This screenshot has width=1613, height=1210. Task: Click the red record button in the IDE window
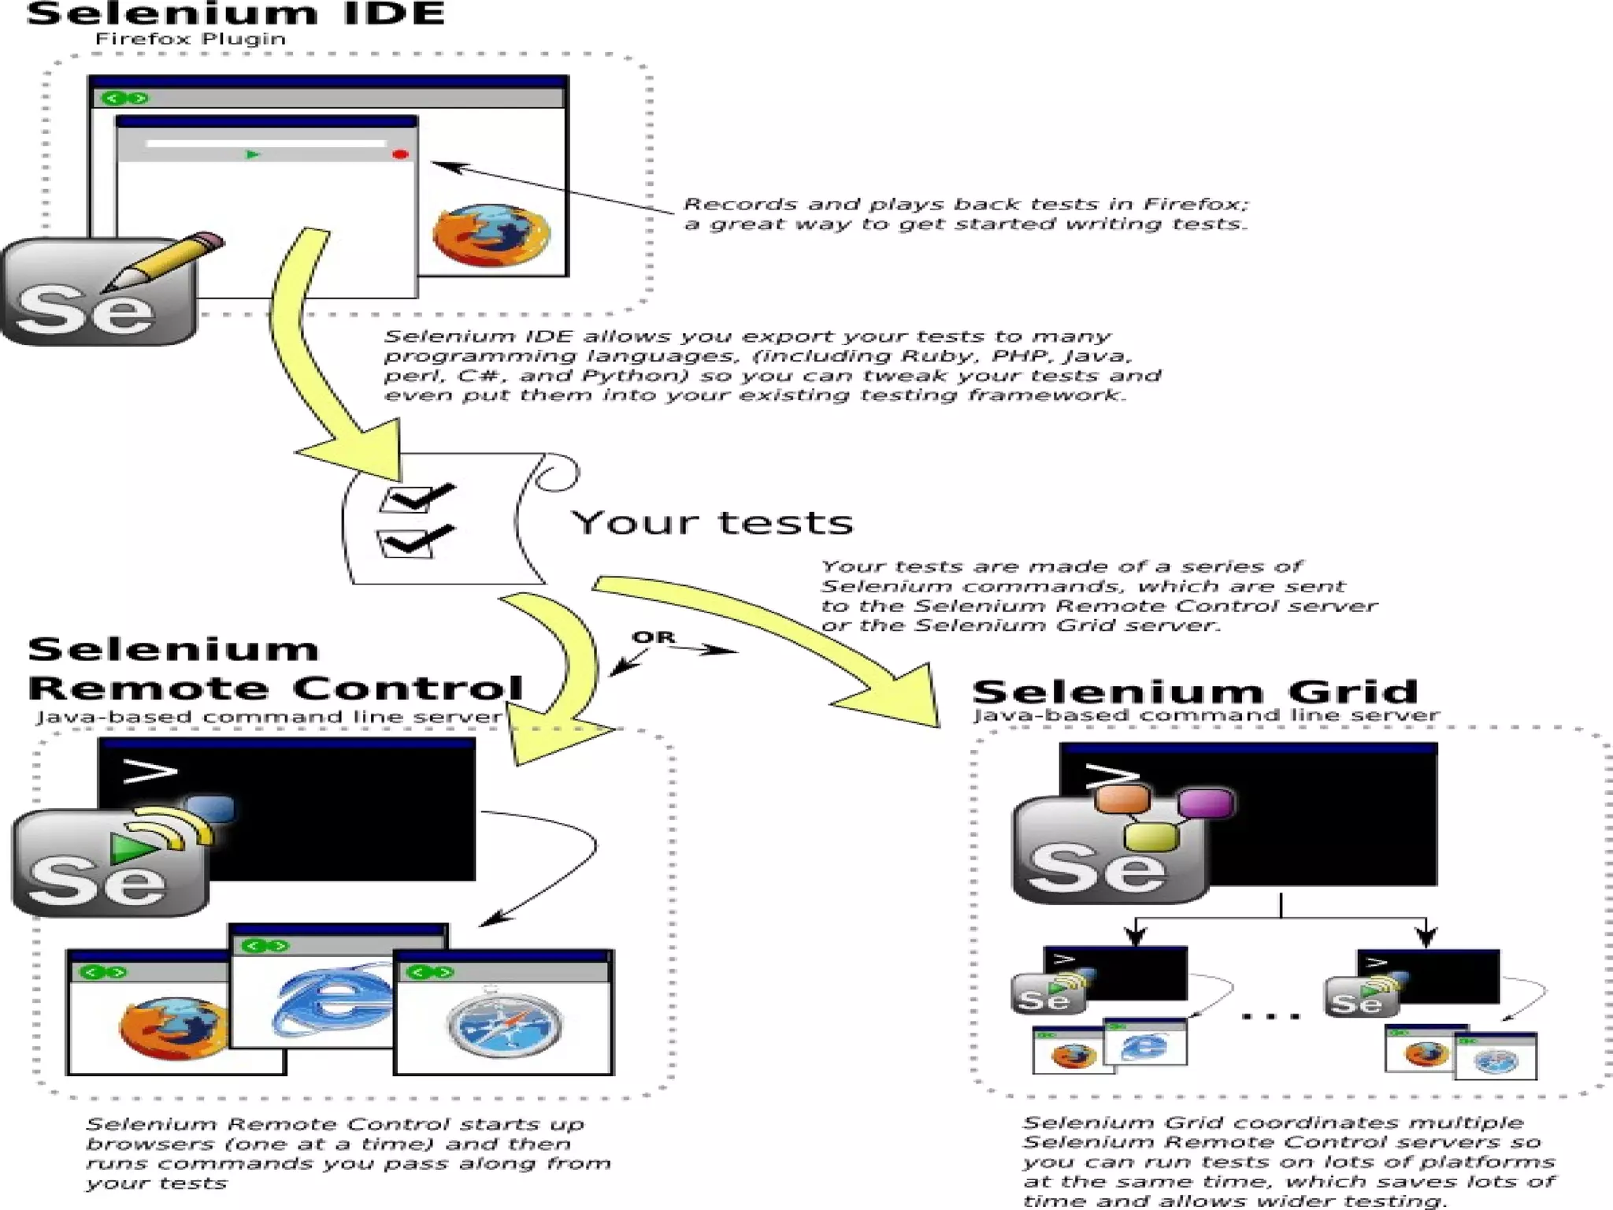pos(400,154)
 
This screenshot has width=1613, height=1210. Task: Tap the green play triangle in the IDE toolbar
pos(253,154)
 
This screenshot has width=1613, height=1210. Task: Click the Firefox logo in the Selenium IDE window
pos(491,235)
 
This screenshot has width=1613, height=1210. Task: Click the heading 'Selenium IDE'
pos(235,14)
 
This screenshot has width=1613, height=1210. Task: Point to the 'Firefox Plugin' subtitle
pos(190,39)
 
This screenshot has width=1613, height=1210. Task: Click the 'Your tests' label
pos(712,522)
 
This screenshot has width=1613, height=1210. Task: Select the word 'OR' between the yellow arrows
pos(653,637)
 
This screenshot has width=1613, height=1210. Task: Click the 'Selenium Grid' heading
pos(1194,692)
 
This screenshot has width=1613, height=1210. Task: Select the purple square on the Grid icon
pos(1205,804)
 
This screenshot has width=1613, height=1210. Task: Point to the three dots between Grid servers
pos(1270,1016)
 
